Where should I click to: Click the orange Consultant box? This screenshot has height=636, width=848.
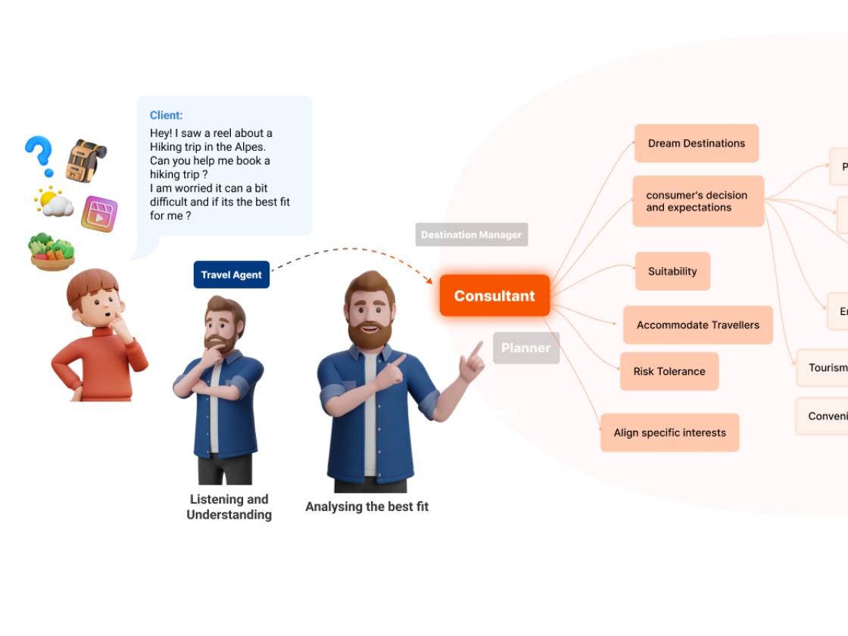[494, 296]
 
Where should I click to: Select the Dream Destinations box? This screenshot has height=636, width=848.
[696, 143]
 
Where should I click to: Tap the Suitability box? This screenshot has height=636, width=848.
[672, 271]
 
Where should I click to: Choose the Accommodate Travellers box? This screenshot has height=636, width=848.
[697, 325]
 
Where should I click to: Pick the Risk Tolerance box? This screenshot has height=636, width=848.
[669, 371]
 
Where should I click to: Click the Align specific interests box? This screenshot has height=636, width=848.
[669, 432]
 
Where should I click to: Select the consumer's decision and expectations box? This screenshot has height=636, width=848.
[697, 201]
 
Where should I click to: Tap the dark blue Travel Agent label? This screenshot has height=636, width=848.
[231, 275]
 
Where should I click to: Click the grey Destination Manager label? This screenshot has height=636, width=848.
[471, 235]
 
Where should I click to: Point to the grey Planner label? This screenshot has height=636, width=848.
[525, 348]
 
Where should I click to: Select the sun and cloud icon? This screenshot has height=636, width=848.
[54, 202]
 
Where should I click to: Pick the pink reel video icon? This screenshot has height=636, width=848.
[99, 214]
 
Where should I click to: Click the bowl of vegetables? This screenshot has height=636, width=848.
[51, 251]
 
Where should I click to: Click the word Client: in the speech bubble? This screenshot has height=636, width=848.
[166, 115]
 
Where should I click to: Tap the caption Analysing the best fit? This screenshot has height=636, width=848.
[366, 507]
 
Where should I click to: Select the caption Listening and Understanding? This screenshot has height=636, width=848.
[229, 507]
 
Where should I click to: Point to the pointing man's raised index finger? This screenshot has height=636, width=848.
[478, 349]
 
